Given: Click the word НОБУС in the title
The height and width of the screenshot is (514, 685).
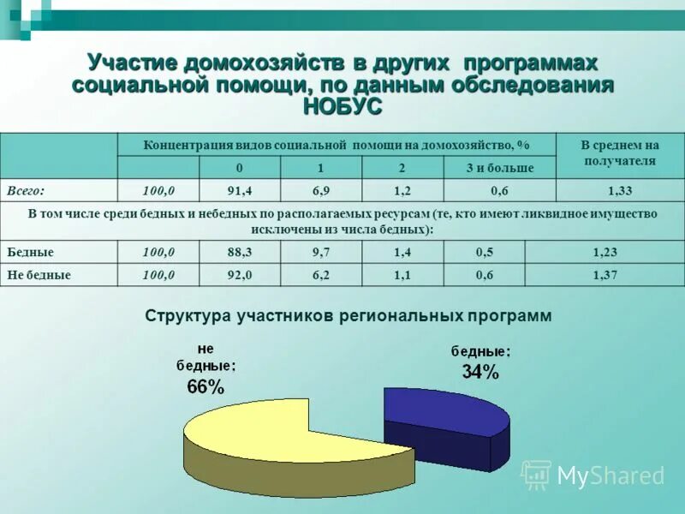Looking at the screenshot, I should [342, 106].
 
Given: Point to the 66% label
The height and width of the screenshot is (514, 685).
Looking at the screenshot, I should [205, 386].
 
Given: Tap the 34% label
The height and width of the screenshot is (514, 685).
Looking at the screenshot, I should [480, 371].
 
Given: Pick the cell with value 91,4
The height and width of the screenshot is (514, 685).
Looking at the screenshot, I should [240, 190].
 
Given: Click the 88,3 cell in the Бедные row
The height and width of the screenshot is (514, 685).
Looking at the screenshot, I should [240, 253].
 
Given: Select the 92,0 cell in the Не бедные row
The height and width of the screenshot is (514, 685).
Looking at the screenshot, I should [240, 275].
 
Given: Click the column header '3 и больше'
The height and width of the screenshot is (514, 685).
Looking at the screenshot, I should [500, 168].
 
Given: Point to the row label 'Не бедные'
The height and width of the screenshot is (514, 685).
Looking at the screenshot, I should [39, 275].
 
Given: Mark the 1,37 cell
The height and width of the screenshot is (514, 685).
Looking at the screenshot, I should [605, 275].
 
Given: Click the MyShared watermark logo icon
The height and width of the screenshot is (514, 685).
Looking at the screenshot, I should [537, 475].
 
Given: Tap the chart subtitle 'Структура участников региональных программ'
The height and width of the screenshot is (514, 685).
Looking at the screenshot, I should [348, 315].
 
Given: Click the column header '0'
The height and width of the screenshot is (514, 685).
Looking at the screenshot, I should [240, 168].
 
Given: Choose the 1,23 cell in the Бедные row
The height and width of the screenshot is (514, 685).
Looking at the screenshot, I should [605, 253].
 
